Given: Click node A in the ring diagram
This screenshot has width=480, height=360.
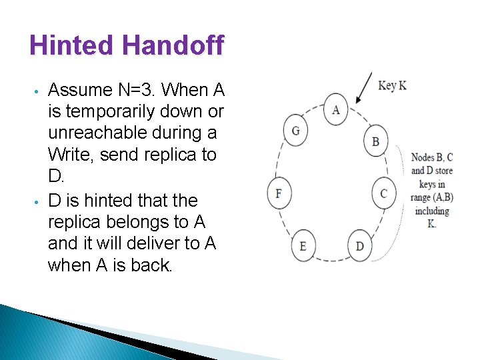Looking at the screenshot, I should click(x=335, y=109).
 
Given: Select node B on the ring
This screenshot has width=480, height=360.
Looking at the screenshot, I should click(x=375, y=141).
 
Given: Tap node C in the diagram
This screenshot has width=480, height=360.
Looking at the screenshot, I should click(x=383, y=193).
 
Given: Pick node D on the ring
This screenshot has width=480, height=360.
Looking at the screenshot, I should click(x=360, y=246).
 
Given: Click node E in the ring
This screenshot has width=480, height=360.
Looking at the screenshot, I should click(x=303, y=246).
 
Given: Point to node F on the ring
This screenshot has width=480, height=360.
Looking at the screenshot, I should click(x=279, y=193).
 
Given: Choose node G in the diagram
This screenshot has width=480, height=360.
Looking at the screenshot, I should click(x=295, y=130).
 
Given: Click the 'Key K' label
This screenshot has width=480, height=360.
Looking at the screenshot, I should click(x=392, y=85).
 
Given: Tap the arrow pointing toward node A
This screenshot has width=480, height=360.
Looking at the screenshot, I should click(x=364, y=88).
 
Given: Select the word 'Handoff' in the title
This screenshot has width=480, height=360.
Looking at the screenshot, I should click(x=173, y=45).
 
